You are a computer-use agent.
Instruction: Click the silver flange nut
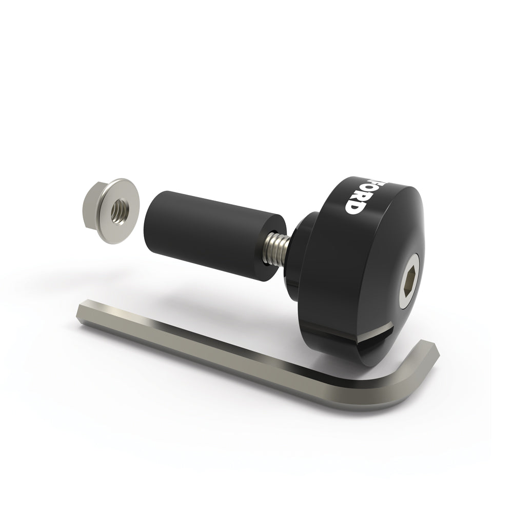[x=109, y=210]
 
